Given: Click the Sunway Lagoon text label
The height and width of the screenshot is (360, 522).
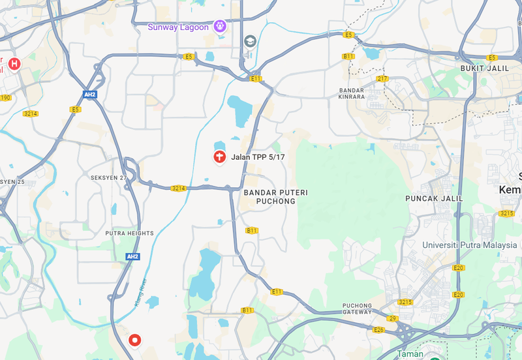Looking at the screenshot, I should click(177, 27).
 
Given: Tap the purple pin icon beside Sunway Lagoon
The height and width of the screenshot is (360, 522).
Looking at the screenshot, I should click(220, 26).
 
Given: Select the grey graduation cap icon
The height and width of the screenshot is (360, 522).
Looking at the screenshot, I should click(249, 42).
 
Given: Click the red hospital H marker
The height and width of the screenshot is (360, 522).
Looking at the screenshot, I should click(14, 63).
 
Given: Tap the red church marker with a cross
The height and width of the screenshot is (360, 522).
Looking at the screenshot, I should click(219, 157).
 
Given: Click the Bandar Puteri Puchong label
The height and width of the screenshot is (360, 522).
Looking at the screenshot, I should click(275, 197).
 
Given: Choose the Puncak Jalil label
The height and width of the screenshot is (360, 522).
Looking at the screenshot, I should click(434, 198).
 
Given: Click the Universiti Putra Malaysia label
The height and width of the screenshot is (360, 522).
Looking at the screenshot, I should click(469, 245).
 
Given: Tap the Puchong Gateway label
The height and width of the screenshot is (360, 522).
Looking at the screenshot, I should click(358, 308).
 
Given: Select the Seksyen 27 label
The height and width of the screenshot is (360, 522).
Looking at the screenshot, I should click(108, 177).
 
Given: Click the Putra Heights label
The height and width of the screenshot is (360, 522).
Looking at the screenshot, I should click(129, 233).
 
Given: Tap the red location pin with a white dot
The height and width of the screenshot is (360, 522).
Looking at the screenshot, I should click(135, 340).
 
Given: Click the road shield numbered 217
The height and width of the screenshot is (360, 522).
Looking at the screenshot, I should click(382, 79).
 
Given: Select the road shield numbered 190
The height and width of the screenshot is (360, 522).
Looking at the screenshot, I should click(5, 98).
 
